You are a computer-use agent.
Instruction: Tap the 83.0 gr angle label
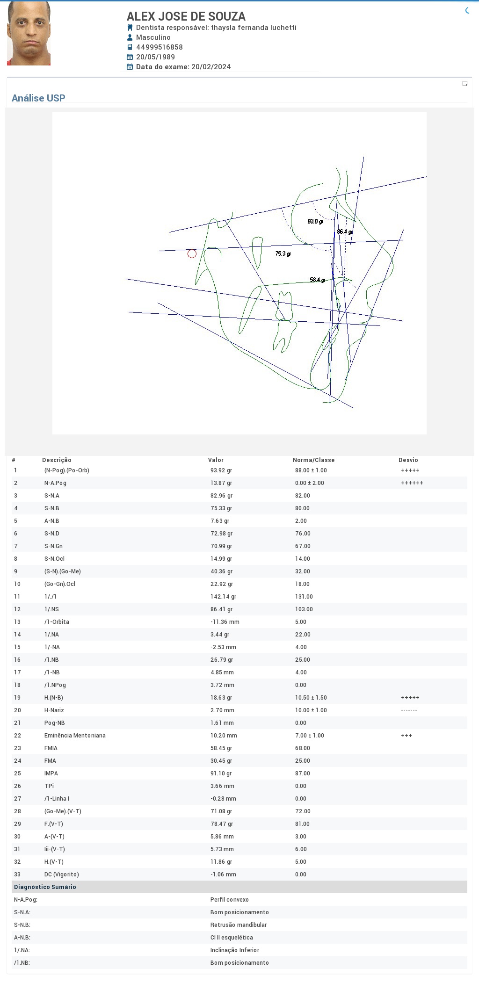click(x=315, y=221)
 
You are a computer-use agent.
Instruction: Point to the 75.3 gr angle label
click(x=283, y=253)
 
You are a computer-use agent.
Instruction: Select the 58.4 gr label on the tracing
click(x=317, y=280)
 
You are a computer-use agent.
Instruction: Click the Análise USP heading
click(x=38, y=98)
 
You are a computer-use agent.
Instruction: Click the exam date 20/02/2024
click(x=211, y=67)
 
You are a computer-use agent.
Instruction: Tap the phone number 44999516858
click(x=160, y=47)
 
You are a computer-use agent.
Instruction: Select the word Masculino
click(x=153, y=37)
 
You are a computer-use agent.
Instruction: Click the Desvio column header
click(x=408, y=460)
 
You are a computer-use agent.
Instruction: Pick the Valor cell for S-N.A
click(x=221, y=496)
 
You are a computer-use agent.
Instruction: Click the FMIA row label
click(x=51, y=748)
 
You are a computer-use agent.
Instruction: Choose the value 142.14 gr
click(x=223, y=597)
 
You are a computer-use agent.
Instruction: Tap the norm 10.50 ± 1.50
click(x=311, y=698)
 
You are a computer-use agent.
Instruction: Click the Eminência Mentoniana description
click(x=75, y=736)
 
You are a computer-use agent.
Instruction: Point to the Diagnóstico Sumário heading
click(x=45, y=887)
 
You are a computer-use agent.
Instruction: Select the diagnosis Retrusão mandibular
click(x=239, y=925)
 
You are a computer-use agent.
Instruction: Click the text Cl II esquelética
click(x=232, y=938)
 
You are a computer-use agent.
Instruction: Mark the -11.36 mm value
click(x=225, y=622)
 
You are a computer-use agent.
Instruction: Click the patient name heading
click(x=186, y=16)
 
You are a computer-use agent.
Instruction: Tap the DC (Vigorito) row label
click(x=62, y=875)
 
